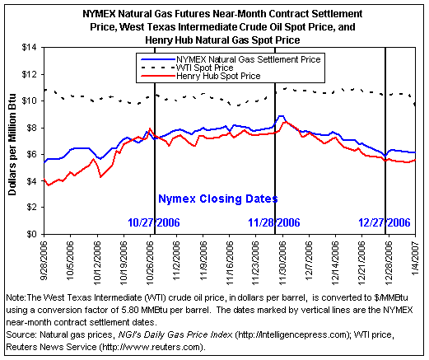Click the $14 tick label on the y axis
point(29,48)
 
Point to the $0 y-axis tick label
point(31,234)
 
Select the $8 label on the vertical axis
point(31,128)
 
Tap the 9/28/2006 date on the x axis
point(44,260)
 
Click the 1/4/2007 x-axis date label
point(415,257)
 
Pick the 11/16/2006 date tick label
point(230,263)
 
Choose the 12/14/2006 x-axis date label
point(336,263)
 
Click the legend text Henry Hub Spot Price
point(218,76)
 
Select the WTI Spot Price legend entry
point(204,68)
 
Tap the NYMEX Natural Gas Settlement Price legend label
point(249,59)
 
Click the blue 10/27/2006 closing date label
point(154,222)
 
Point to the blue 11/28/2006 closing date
point(274,222)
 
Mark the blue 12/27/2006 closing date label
point(385,222)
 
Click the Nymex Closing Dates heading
point(218,199)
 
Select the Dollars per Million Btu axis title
point(12,144)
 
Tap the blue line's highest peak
point(281,116)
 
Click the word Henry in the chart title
point(157,40)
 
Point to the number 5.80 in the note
point(129,310)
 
